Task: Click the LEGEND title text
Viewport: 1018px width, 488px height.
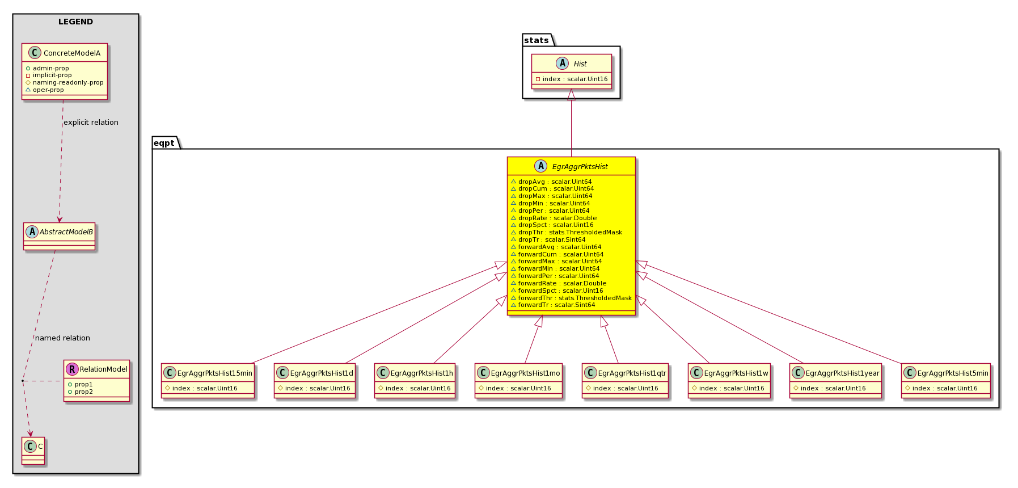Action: click(75, 22)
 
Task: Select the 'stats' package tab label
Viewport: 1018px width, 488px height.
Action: click(537, 40)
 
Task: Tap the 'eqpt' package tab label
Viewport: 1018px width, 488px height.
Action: click(164, 143)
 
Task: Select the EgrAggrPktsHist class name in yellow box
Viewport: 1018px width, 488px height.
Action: click(580, 167)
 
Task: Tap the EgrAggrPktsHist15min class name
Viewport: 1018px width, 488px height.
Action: click(215, 373)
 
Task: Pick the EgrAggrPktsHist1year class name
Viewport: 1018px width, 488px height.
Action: click(843, 373)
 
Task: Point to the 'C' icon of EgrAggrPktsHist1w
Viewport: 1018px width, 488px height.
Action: click(696, 373)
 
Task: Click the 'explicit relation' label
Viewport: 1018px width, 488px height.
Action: click(91, 123)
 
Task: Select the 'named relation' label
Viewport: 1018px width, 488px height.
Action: click(62, 338)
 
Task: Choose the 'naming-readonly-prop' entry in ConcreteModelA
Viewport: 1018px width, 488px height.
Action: click(68, 83)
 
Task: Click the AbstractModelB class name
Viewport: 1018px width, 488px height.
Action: click(66, 232)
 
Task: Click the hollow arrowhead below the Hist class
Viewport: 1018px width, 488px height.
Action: click(571, 95)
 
